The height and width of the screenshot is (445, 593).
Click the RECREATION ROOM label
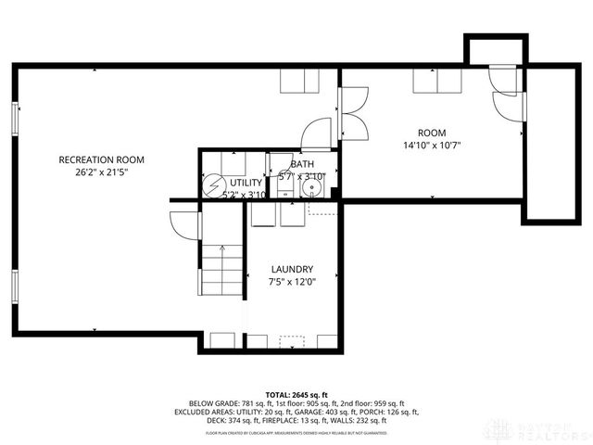pyautogui.click(x=101, y=159)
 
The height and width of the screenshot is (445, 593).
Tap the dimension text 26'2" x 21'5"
pyautogui.click(x=101, y=172)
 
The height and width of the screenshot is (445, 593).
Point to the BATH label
pyautogui.click(x=302, y=163)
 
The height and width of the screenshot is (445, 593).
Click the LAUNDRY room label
pyautogui.click(x=292, y=269)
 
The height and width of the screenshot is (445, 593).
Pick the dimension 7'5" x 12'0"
pyautogui.click(x=292, y=282)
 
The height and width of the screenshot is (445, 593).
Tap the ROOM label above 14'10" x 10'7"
pyautogui.click(x=431, y=133)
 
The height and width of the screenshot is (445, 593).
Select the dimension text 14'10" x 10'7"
pyautogui.click(x=431, y=146)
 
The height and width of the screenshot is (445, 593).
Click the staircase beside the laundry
pyautogui.click(x=222, y=270)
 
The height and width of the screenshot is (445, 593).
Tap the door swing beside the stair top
pyautogui.click(x=185, y=224)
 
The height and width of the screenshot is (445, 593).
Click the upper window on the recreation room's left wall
pyautogui.click(x=15, y=119)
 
